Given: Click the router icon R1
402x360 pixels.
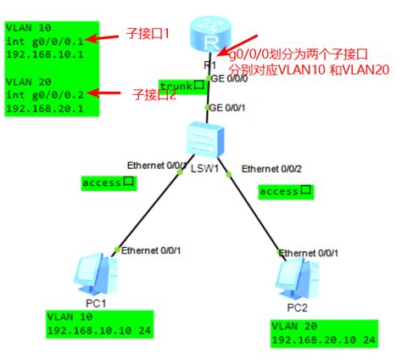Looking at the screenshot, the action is (210, 35).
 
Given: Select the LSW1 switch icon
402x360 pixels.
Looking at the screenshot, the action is (205, 140).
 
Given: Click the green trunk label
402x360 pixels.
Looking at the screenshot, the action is (182, 86).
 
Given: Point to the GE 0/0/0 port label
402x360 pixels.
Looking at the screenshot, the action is (229, 78).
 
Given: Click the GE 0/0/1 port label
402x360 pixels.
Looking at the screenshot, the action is (227, 108).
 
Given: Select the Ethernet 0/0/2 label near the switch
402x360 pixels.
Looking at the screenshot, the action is (271, 169).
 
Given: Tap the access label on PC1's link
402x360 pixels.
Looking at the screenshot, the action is (109, 183).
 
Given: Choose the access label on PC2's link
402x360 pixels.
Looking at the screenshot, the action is (286, 192).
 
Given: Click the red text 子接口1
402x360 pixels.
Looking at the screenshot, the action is (148, 34).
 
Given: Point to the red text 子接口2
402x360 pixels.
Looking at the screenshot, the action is (154, 94).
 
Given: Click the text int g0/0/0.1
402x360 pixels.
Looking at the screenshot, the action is (45, 42).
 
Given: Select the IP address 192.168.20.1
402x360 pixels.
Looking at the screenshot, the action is (45, 109).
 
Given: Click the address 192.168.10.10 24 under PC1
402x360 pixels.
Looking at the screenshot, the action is (99, 330).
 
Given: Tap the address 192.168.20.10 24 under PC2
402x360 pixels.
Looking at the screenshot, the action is (324, 340).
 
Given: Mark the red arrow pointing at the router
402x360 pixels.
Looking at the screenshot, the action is (237, 45).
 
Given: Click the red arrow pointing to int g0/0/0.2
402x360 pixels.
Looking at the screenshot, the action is (104, 93).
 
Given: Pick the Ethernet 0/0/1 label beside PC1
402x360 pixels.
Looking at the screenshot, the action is (151, 250).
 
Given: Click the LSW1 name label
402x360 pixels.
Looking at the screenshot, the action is (204, 169).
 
